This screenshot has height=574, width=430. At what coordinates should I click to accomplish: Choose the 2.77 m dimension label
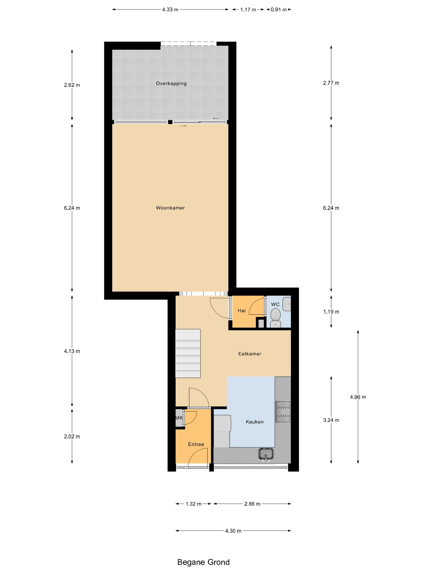coord(331,83)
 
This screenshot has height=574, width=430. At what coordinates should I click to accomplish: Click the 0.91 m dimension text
coord(279,10)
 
